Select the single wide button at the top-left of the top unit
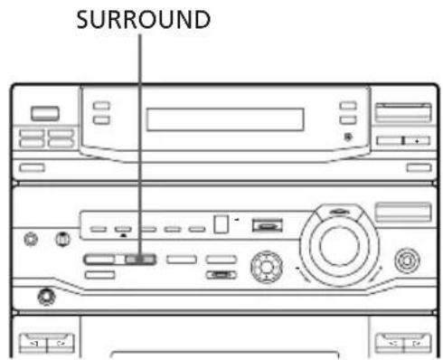pos(42,113)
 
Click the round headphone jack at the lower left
pos(43,296)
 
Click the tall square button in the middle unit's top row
pos(221,224)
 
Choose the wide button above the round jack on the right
pos(404,213)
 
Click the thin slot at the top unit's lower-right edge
pos(416,167)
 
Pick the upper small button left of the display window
pos(102,107)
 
